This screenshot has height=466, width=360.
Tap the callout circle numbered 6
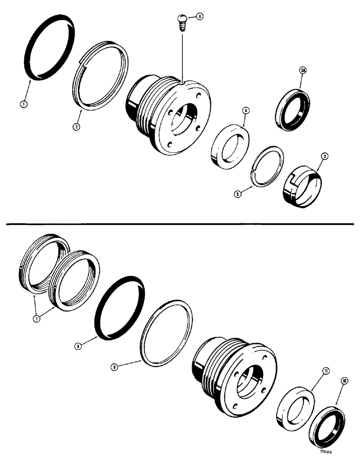(199, 16)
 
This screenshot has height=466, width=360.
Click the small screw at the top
(182, 21)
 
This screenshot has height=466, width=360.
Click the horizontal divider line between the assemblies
(180, 225)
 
